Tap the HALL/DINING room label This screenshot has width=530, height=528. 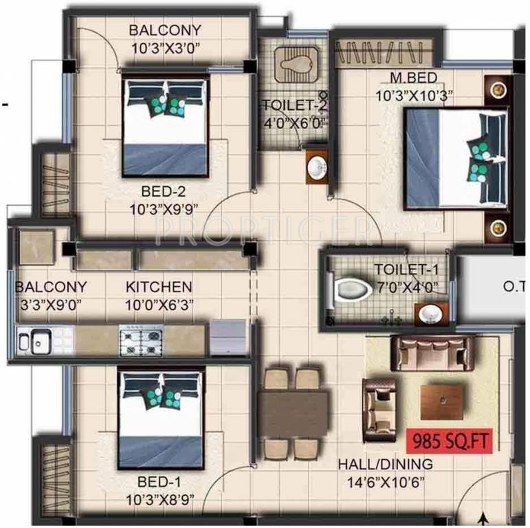coord(385,464)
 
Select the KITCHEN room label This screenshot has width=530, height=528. coord(159,287)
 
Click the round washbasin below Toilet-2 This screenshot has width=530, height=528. coord(318,167)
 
